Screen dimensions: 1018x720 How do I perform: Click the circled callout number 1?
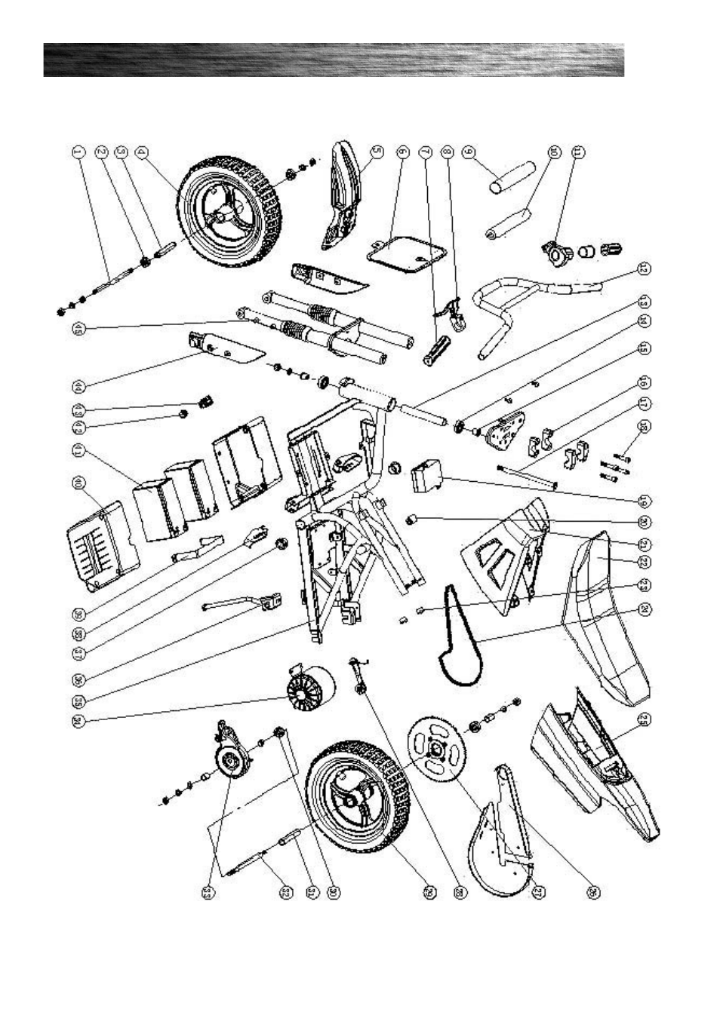(77, 152)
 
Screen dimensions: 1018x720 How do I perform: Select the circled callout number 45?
(78, 327)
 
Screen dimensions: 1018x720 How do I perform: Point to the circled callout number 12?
(644, 268)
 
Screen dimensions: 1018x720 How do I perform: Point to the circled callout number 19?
(644, 501)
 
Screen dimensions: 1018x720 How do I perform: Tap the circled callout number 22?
(644, 562)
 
